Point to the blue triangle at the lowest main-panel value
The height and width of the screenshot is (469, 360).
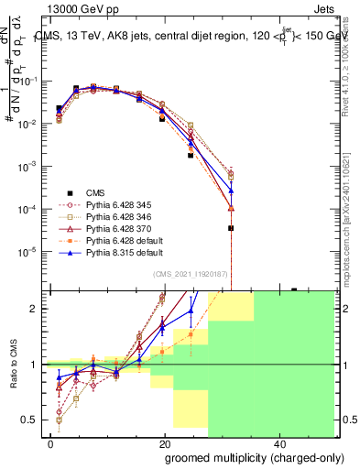click(x=231, y=191)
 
